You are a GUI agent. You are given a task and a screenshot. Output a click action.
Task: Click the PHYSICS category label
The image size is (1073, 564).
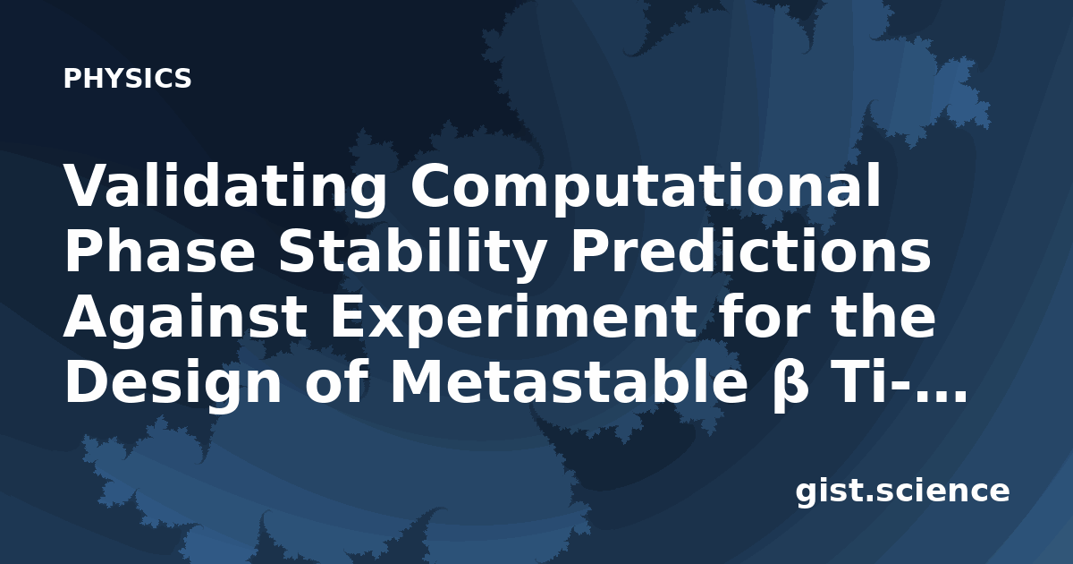coord(127,78)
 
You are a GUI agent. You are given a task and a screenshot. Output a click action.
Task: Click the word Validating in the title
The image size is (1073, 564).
coord(225,190)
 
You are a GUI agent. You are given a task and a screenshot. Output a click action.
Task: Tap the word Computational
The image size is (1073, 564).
coord(646,190)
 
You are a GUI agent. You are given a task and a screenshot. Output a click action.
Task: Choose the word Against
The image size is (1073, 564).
coord(185,317)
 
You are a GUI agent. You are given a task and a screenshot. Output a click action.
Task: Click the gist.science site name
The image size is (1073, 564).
coord(902,491)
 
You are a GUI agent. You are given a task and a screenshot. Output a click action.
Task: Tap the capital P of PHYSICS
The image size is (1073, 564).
coord(72,78)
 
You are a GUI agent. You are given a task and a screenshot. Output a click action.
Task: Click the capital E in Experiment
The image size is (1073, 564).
coord(346,318)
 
